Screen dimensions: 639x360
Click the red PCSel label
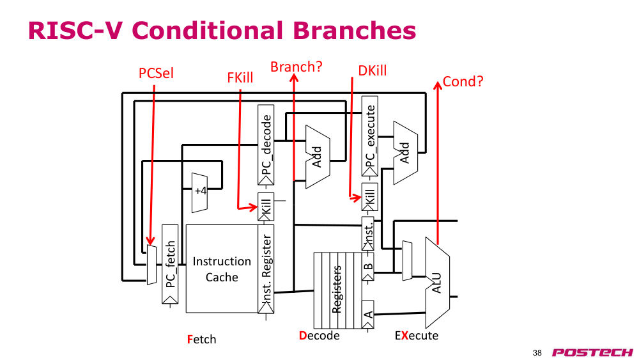click(156, 74)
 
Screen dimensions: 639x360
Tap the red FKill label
click(240, 77)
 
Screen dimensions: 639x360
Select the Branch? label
click(296, 67)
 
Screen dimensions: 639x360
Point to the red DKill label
click(372, 70)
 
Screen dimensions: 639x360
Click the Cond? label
click(463, 82)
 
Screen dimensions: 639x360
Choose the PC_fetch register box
click(170, 264)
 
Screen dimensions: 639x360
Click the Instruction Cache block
click(222, 269)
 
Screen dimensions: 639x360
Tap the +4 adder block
click(199, 192)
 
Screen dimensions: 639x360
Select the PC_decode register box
click(266, 145)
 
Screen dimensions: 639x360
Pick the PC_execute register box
click(369, 136)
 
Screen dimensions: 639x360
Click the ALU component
click(437, 283)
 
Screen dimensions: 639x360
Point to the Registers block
click(337, 290)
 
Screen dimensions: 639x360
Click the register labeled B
click(367, 267)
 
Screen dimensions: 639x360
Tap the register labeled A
click(367, 315)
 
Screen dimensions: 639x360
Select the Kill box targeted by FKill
click(266, 207)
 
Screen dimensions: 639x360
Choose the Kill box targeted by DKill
click(369, 198)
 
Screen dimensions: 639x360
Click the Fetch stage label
click(202, 339)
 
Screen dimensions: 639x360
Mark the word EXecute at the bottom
click(417, 336)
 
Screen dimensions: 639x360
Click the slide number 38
click(537, 353)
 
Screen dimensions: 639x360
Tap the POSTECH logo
click(592, 352)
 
